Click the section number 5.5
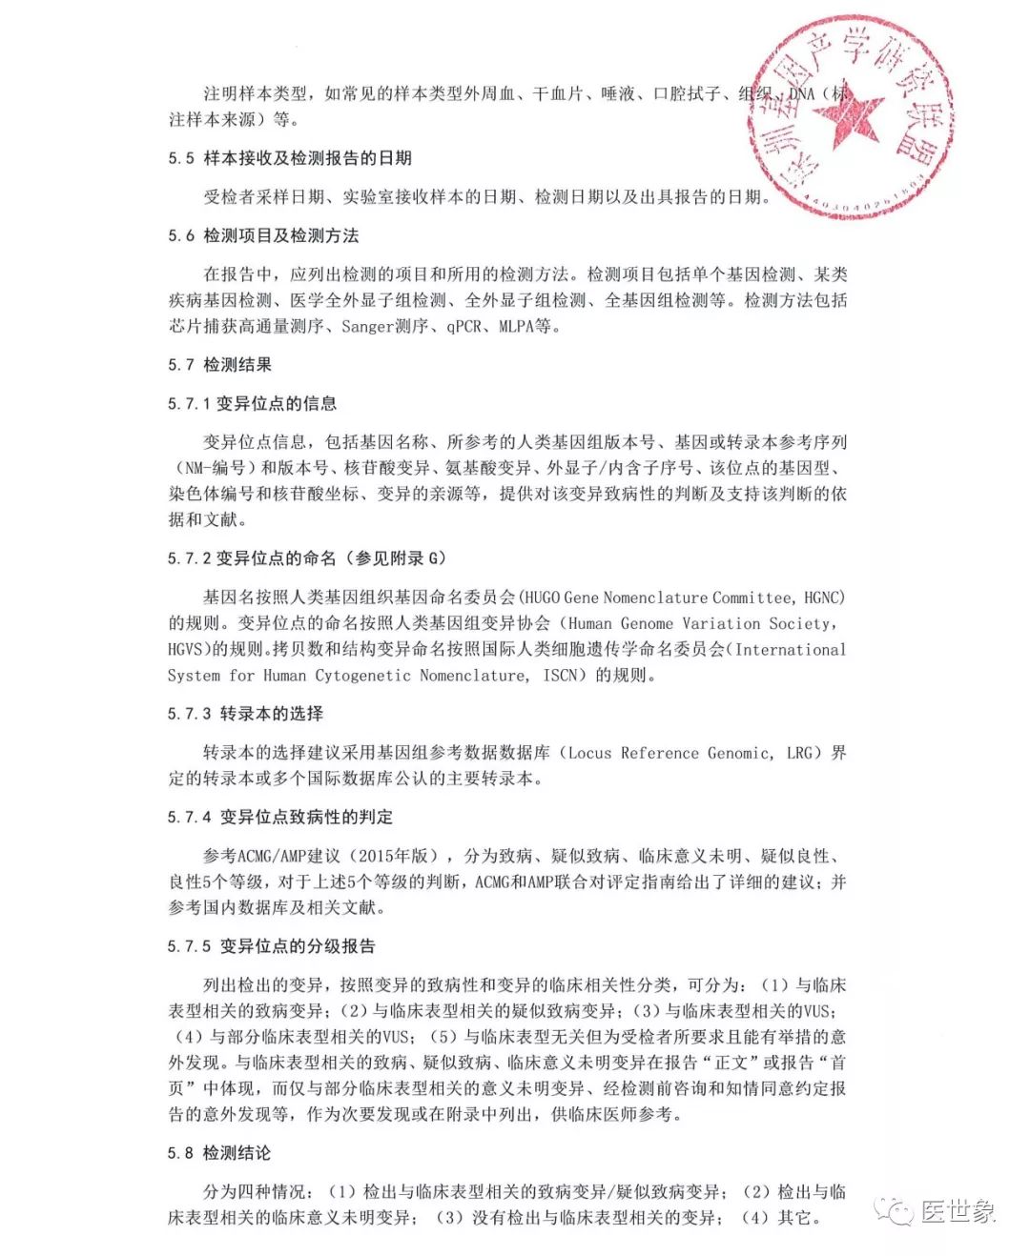pyautogui.click(x=181, y=158)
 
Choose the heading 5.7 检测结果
pyautogui.click(x=219, y=365)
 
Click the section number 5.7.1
pyautogui.click(x=188, y=404)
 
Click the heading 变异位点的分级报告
pyautogui.click(x=298, y=946)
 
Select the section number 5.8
pyautogui.click(x=181, y=1153)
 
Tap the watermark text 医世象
pyautogui.click(x=958, y=1211)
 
